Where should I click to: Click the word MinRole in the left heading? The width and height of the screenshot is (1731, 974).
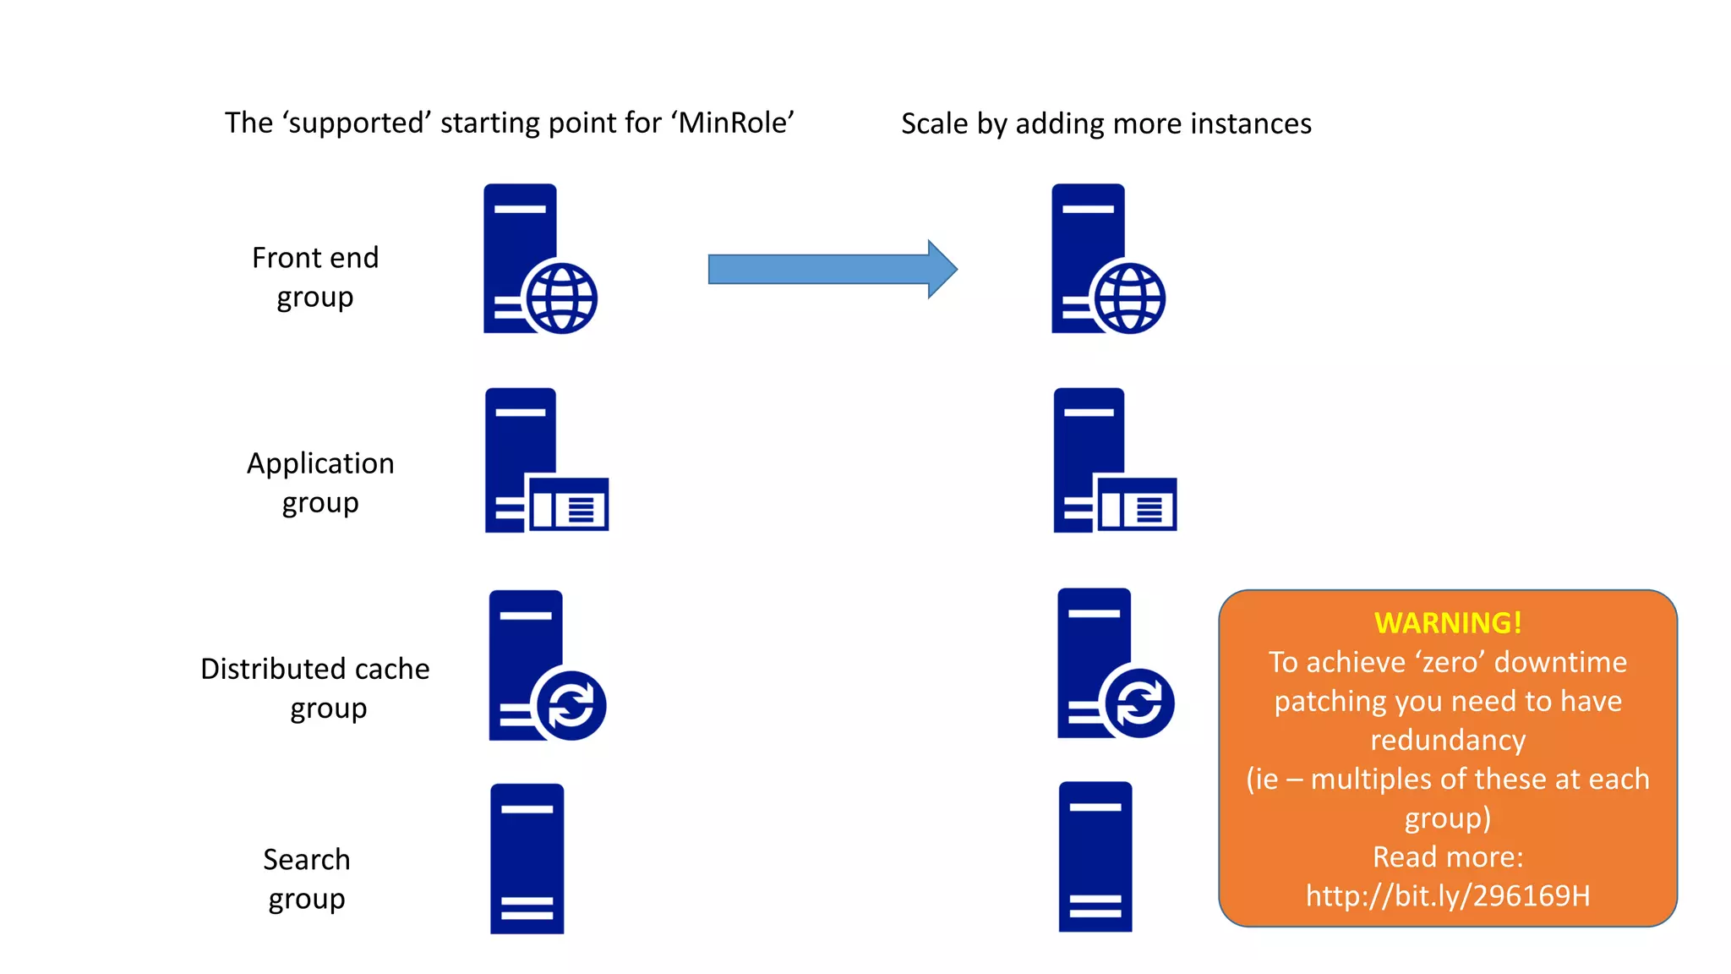[734, 123]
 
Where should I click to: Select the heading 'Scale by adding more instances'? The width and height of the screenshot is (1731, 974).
[1106, 124]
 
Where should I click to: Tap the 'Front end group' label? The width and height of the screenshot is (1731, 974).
[315, 277]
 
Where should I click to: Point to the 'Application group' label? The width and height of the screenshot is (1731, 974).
[320, 483]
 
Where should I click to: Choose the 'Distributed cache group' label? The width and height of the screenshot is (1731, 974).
[315, 688]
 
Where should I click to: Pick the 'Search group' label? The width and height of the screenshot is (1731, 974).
[306, 879]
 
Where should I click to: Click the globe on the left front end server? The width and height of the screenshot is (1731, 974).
[561, 298]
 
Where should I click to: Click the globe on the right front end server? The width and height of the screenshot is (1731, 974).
[1129, 298]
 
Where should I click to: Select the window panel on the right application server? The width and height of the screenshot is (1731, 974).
[1136, 505]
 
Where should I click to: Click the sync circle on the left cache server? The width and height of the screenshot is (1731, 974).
[571, 705]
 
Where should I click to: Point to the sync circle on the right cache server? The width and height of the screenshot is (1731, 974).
[1139, 703]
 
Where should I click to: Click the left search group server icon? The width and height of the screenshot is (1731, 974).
[527, 858]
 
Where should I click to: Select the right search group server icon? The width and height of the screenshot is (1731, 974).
[1095, 856]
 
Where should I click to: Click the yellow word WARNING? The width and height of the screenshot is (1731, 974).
[1448, 623]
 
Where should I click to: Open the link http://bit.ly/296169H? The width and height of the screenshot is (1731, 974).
[1448, 895]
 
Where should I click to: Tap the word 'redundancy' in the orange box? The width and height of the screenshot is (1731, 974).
[1448, 740]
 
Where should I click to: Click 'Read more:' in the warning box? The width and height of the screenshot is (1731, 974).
[1448, 856]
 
